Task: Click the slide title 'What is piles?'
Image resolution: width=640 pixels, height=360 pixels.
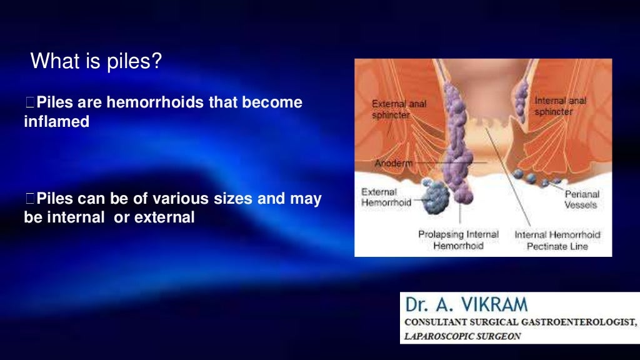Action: tap(96, 61)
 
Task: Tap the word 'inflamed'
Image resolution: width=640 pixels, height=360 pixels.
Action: tap(56, 122)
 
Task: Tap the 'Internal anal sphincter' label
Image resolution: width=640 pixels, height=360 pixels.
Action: tap(561, 105)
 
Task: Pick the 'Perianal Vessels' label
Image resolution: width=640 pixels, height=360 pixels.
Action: tap(581, 199)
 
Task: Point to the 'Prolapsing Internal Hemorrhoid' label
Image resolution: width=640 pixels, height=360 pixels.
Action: tap(458, 240)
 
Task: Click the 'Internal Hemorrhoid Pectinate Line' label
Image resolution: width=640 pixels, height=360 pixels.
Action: tap(557, 240)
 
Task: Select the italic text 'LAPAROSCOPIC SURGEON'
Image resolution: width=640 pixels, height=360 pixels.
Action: tap(463, 336)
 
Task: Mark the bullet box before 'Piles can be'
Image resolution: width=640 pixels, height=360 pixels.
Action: tap(31, 200)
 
